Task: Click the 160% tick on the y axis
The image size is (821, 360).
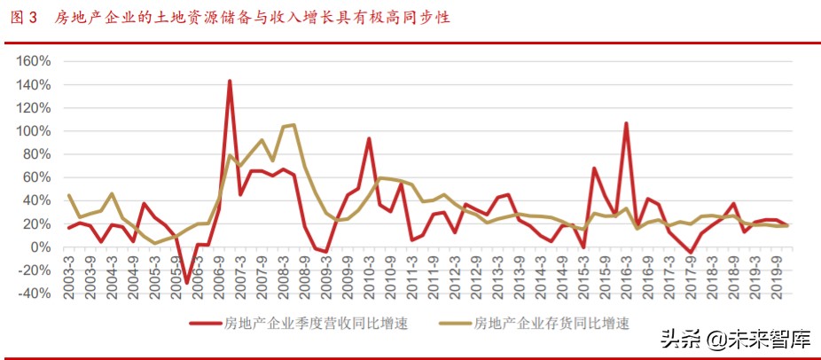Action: (35, 61)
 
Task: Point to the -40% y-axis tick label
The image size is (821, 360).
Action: (35, 293)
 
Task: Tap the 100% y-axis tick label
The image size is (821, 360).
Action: (35, 131)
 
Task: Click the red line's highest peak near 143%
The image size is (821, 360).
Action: (230, 81)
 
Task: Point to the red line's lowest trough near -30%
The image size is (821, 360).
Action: (187, 283)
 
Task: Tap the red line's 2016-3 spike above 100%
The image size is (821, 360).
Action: (626, 123)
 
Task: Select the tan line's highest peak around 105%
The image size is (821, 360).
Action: (293, 125)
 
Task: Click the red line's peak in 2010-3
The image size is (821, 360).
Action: (369, 138)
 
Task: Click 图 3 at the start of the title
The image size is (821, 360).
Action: (25, 17)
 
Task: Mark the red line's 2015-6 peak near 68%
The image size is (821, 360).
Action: (594, 168)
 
